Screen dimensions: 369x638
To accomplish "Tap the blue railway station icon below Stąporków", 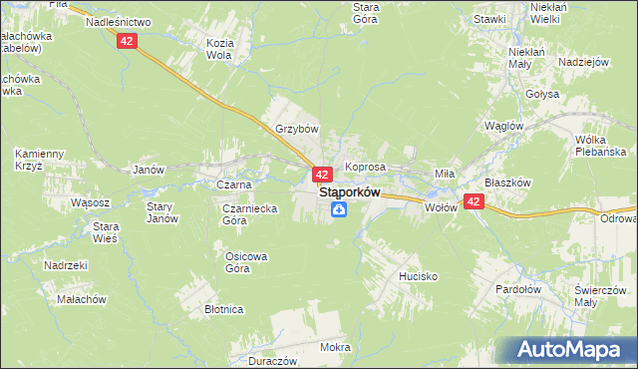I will (340, 209).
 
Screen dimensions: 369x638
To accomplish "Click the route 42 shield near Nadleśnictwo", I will (126, 40).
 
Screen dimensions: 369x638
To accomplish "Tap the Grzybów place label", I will (296, 129).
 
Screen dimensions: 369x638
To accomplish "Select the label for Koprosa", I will (365, 168).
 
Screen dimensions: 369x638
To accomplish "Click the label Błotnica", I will (224, 309).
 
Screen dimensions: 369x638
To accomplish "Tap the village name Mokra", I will (335, 348).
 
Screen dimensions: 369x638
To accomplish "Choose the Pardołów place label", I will (517, 289).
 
